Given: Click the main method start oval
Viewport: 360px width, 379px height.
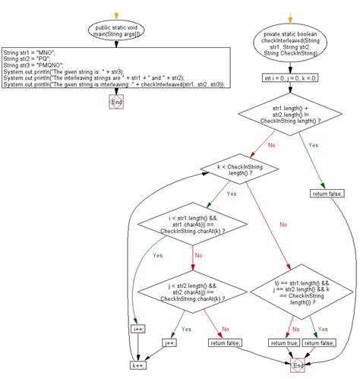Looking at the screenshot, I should point(115,31).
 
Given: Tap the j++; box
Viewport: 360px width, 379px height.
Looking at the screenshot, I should point(170,343).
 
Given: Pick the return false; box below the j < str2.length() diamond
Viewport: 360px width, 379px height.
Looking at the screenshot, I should point(226,343).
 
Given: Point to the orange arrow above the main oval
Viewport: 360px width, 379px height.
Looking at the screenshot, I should point(115,14).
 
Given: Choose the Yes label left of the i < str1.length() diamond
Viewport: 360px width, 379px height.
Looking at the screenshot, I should point(157,255).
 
